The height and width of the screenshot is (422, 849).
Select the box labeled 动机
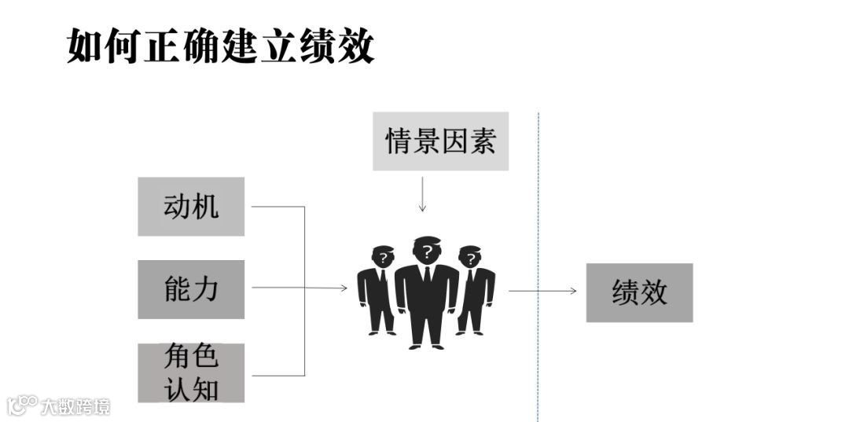click(x=191, y=207)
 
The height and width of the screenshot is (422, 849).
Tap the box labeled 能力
click(x=191, y=289)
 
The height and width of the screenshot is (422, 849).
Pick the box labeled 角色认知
click(x=191, y=372)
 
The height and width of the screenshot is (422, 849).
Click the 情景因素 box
click(x=440, y=141)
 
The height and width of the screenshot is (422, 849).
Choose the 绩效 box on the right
click(x=639, y=292)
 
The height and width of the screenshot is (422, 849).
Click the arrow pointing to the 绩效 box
click(x=542, y=292)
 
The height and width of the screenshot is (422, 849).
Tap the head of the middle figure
click(x=427, y=251)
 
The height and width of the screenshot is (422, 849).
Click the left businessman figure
click(x=378, y=291)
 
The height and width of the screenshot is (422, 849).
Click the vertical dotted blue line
click(x=538, y=236)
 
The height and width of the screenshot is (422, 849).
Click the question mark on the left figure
click(x=383, y=257)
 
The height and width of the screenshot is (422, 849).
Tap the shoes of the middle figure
click(x=427, y=343)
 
